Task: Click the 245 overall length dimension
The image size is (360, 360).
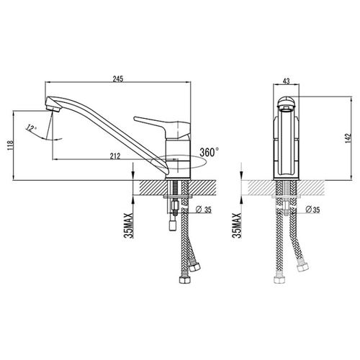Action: pyautogui.click(x=118, y=78)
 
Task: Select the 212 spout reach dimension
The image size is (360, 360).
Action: pyautogui.click(x=115, y=156)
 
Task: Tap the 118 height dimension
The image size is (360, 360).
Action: pyautogui.click(x=10, y=145)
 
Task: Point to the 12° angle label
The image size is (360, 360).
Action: pyautogui.click(x=31, y=127)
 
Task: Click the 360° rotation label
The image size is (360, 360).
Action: pyautogui.click(x=210, y=152)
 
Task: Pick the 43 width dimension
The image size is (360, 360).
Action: pyautogui.click(x=287, y=81)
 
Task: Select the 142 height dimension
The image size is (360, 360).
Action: pyautogui.click(x=348, y=138)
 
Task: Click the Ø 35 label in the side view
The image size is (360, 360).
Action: pyautogui.click(x=204, y=210)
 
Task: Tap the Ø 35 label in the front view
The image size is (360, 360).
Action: pyautogui.click(x=312, y=210)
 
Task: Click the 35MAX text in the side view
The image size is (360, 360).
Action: pyautogui.click(x=128, y=225)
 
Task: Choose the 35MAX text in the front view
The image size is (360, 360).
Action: pyautogui.click(x=236, y=225)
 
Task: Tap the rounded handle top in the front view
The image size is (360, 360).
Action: pyautogui.click(x=286, y=102)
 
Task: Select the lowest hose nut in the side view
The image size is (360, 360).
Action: pyautogui.click(x=185, y=280)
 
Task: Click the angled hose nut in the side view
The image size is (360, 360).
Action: pyautogui.click(x=195, y=266)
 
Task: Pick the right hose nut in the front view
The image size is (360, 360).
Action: pyautogui.click(x=302, y=266)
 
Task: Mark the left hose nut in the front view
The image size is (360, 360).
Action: pyautogui.click(x=280, y=280)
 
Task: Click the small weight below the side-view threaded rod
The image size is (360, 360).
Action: pyautogui.click(x=173, y=225)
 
